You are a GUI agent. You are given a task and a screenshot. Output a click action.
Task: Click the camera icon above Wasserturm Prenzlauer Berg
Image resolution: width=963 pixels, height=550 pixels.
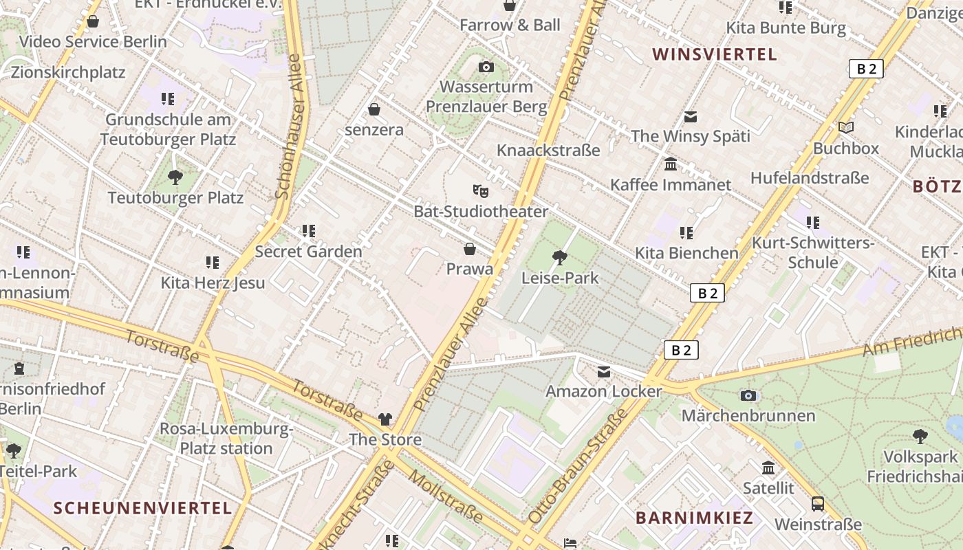pos(486,67)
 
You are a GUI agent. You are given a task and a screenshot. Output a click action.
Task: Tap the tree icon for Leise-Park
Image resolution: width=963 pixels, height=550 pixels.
pos(560,258)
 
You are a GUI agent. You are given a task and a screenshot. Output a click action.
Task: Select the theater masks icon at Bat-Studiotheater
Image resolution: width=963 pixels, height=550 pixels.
pos(480,190)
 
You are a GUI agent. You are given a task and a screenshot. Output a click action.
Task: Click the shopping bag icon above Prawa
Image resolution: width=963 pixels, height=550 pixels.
pos(470,248)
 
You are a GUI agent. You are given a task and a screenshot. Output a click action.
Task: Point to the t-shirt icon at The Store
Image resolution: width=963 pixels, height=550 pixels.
pos(385,419)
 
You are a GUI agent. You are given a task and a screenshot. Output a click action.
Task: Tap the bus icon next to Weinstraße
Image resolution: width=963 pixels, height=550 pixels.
pos(818,504)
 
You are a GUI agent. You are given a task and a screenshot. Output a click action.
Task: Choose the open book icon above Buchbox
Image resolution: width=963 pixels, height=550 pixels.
pos(846,127)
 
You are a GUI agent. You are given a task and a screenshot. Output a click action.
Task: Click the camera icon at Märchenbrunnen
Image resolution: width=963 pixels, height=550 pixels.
pos(748,395)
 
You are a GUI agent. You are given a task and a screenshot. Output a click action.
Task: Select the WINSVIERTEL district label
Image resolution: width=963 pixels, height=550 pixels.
pos(714,54)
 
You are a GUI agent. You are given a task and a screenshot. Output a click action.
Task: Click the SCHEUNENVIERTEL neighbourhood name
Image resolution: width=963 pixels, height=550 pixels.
pos(142,508)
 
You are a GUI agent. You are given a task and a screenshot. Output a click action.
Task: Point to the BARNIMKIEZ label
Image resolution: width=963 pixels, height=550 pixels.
pos(694,518)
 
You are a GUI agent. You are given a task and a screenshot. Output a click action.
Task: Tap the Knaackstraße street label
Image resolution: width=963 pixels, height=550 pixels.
pos(548,150)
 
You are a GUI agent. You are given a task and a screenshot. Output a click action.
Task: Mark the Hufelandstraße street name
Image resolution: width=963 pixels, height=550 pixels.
pos(810,177)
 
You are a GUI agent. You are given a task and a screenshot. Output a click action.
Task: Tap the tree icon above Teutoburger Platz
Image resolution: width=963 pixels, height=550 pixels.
pos(175,177)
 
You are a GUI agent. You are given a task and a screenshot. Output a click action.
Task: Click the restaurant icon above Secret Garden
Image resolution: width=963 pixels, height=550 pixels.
pos(308,231)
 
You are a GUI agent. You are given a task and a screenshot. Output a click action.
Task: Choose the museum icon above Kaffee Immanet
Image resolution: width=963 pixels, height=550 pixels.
pos(671,164)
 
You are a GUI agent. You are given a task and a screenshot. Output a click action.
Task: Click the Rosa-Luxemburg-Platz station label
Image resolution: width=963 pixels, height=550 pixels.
pos(226,439)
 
